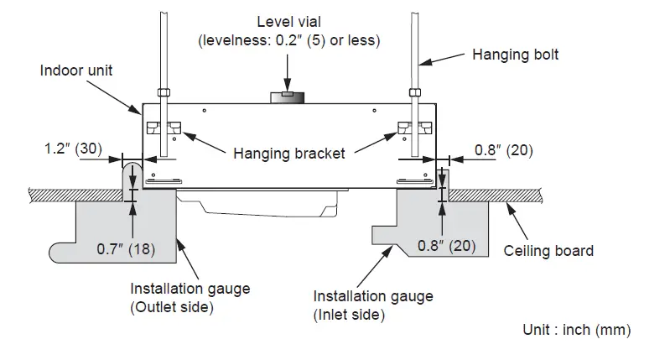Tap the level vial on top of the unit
288,97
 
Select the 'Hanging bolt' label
515,55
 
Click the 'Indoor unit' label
76,70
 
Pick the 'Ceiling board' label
548,250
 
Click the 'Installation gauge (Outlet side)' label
190,298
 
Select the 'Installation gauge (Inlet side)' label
373,305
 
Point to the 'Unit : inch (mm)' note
577,330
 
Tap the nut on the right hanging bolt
413,92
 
